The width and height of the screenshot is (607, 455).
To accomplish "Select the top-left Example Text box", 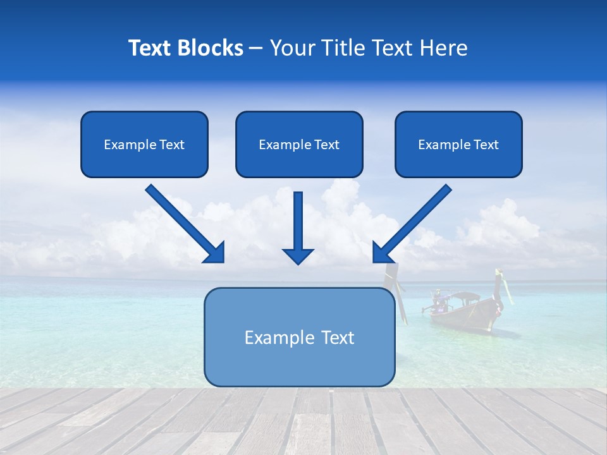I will pyautogui.click(x=144, y=144).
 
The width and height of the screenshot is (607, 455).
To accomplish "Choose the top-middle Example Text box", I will pyautogui.click(x=299, y=144).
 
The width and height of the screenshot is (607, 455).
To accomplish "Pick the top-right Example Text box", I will pyautogui.click(x=458, y=144).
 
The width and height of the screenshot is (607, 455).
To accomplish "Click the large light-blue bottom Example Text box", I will pyautogui.click(x=299, y=337).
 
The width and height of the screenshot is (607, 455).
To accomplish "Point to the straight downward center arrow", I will pyautogui.click(x=298, y=224).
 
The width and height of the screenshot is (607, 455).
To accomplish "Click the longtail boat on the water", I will pyautogui.click(x=465, y=310).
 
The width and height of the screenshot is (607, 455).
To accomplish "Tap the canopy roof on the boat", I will pyautogui.click(x=463, y=295).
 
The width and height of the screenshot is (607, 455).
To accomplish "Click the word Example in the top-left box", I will pyautogui.click(x=125, y=144).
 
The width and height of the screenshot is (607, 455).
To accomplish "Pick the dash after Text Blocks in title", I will pyautogui.click(x=256, y=48).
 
